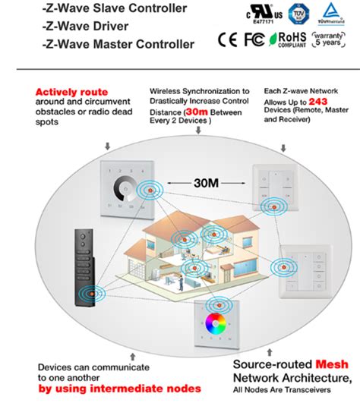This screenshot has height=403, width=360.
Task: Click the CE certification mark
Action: [x=226, y=39]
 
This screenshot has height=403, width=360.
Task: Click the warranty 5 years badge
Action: [x=327, y=39]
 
